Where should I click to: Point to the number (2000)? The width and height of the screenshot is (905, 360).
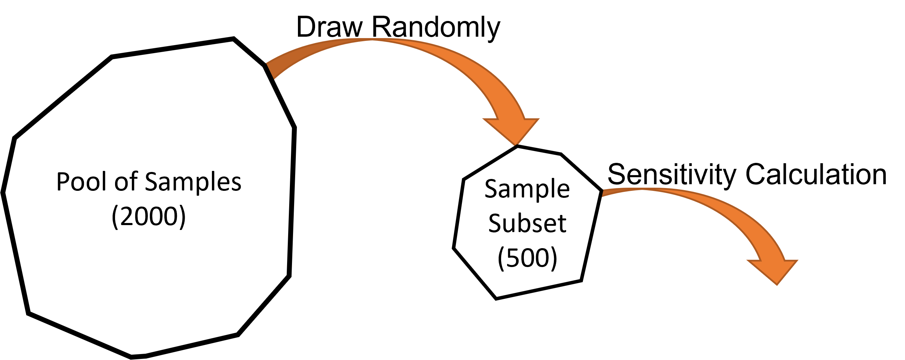point(149,217)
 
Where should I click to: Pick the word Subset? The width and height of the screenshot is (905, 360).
point(527,223)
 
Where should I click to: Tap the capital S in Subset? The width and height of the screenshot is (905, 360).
point(495,223)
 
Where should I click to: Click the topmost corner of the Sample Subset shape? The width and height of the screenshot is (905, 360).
point(518,148)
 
